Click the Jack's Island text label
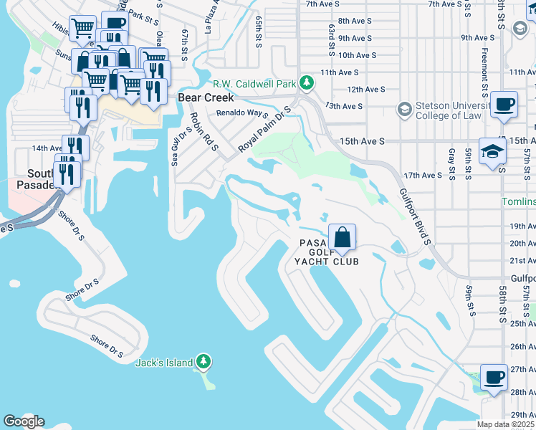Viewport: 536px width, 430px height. tap(164, 363)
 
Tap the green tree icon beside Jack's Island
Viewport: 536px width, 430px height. tap(204, 362)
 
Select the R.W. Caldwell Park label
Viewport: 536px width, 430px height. tap(254, 85)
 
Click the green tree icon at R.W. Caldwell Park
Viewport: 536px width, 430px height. tap(307, 84)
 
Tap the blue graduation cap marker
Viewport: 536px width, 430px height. tap(492, 152)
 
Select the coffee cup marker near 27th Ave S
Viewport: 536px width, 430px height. tap(492, 378)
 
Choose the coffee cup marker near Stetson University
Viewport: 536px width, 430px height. tap(504, 105)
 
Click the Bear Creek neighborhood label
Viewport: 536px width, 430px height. tap(202, 97)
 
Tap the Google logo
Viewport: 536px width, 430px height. tap(24, 421)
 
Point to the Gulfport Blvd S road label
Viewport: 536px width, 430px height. tap(416, 217)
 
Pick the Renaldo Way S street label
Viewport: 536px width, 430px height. tap(242, 114)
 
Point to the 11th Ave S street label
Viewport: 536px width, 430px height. tap(339, 72)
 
